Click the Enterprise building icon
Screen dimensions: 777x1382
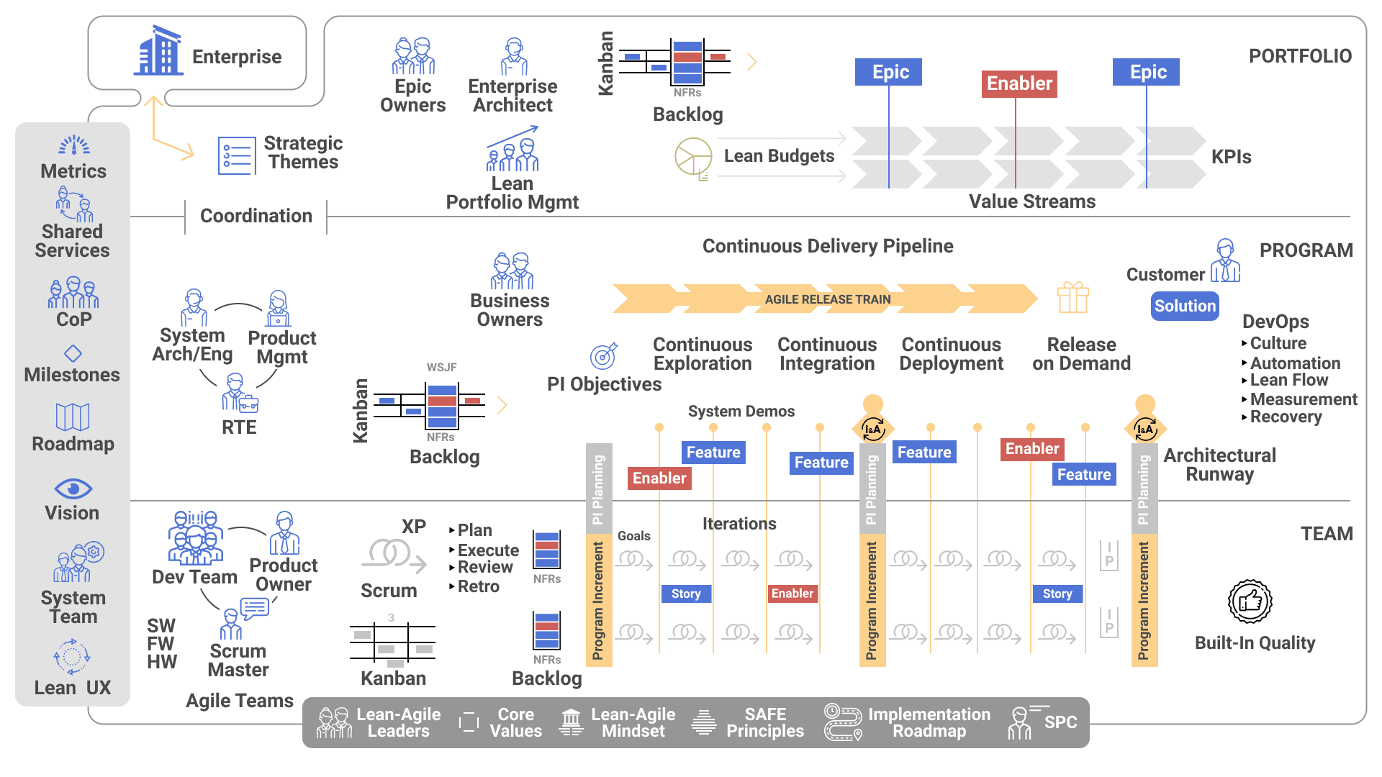click(158, 51)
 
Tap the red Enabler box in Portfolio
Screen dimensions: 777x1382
click(1019, 83)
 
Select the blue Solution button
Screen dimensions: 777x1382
click(1184, 306)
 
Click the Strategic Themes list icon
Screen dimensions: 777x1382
click(237, 156)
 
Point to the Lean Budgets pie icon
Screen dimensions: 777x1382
click(692, 156)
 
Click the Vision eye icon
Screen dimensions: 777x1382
click(73, 489)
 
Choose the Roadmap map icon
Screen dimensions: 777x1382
click(73, 417)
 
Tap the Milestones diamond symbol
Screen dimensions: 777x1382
click(73, 353)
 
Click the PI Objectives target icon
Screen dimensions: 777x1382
click(603, 356)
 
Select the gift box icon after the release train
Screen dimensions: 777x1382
click(1072, 297)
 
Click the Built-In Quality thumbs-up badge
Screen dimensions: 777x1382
click(1250, 601)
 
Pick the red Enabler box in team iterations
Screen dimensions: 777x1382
click(792, 594)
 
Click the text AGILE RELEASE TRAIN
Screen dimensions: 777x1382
click(827, 299)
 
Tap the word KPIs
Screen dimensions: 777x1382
click(1231, 157)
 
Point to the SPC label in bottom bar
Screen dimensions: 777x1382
click(1060, 722)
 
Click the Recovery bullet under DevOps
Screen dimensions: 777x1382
click(1286, 417)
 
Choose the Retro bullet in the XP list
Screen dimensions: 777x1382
click(478, 586)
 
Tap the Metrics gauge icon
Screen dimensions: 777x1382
click(74, 145)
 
